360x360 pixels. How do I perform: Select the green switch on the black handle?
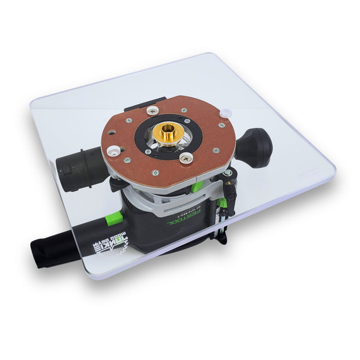pyautogui.click(x=115, y=218)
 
